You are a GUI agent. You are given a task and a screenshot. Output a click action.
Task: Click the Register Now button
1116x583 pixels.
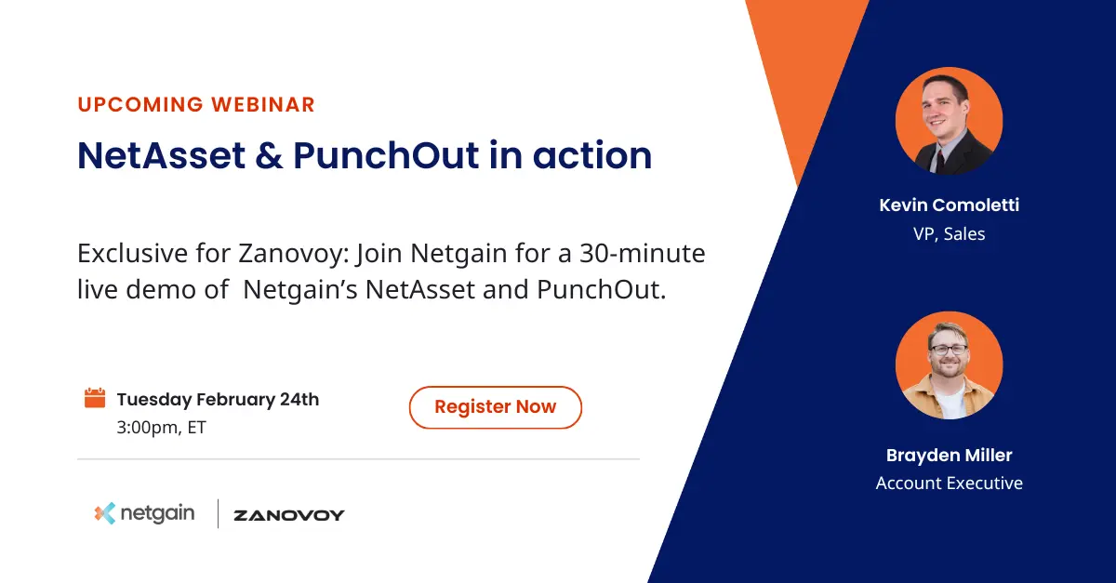495,407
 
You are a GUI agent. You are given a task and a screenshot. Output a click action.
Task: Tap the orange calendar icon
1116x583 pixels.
95,399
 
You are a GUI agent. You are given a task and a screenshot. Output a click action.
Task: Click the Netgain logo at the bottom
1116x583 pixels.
145,513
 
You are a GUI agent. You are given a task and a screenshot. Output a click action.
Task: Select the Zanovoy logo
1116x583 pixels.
289,515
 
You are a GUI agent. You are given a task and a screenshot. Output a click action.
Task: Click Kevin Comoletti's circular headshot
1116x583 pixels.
949,121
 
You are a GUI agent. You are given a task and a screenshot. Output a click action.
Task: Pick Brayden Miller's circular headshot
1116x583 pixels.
949,365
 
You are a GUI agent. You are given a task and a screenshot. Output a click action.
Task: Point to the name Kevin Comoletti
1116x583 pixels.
949,205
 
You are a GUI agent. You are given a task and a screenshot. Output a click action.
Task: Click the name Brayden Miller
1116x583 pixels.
949,455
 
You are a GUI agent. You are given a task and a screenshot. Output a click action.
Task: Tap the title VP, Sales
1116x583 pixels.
949,233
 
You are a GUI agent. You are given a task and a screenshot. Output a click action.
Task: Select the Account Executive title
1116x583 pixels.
949,483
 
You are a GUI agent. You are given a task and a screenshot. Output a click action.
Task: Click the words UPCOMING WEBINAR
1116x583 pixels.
196,104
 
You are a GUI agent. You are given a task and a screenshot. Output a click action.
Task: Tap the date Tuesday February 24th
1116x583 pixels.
218,400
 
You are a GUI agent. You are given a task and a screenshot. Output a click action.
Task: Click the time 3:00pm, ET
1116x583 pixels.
161,428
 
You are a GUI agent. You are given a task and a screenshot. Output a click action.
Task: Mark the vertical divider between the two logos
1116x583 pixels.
218,513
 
